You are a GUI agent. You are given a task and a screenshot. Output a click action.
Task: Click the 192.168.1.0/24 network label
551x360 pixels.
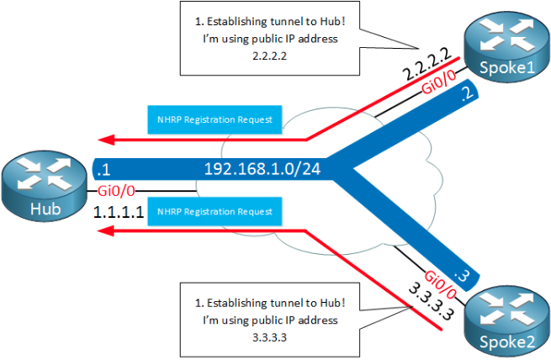click(262, 168)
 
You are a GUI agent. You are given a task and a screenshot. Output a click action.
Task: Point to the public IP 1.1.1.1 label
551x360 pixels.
click(119, 214)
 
